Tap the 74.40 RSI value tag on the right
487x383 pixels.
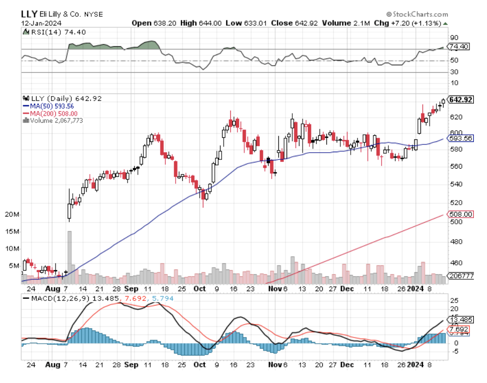pos(456,47)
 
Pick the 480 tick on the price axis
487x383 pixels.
pos(454,242)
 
